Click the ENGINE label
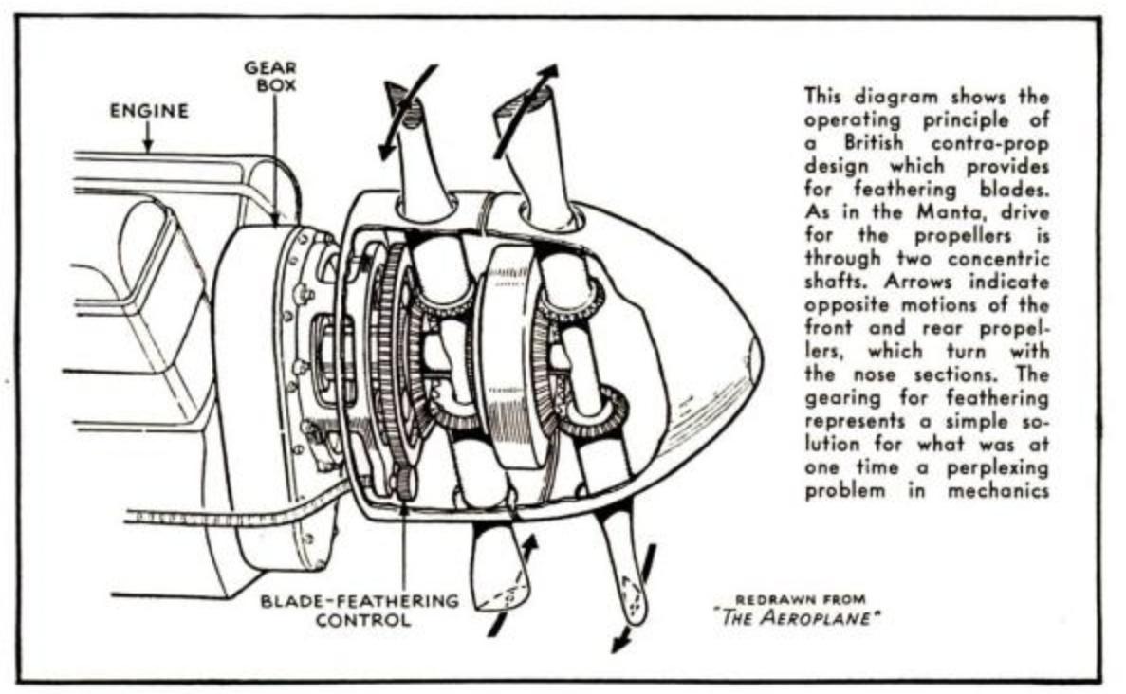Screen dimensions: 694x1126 (150, 111)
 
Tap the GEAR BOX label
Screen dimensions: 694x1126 (270, 76)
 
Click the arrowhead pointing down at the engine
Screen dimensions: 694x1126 (147, 146)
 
